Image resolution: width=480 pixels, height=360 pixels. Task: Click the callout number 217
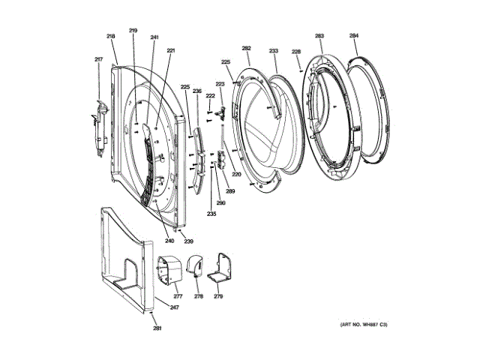tap(97, 60)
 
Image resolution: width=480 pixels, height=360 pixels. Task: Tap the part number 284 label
tap(353, 35)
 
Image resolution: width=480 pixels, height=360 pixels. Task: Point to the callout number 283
tap(319, 35)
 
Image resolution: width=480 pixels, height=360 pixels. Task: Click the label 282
tap(246, 48)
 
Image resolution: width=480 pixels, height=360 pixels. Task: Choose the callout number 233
tap(274, 51)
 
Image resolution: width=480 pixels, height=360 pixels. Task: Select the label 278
tap(198, 296)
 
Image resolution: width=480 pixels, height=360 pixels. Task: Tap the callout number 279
tap(218, 296)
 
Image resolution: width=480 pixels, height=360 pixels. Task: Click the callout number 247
tap(174, 308)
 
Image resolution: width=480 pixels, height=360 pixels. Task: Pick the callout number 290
tap(221, 203)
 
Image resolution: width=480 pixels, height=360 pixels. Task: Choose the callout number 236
tap(197, 91)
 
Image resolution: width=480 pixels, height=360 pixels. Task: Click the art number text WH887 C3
tap(365, 325)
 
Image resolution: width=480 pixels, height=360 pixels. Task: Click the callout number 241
tap(154, 37)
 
